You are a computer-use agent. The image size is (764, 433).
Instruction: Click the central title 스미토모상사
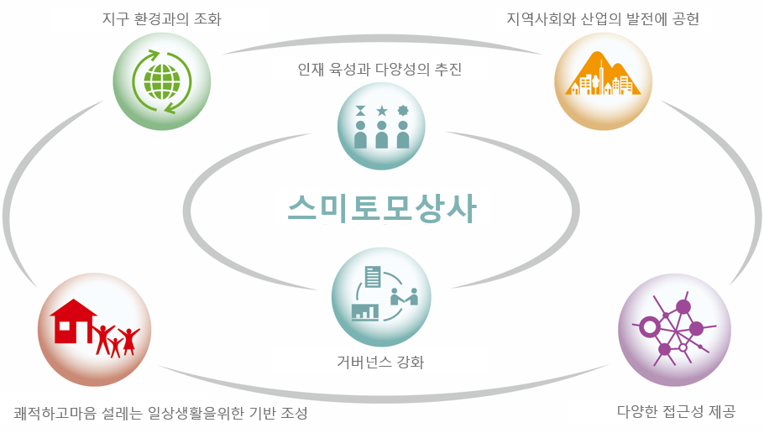pyautogui.click(x=381, y=208)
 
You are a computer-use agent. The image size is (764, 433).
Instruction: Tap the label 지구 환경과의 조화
pyautogui.click(x=162, y=19)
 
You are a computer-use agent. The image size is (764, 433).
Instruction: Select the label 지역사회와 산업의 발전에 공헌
pyautogui.click(x=603, y=19)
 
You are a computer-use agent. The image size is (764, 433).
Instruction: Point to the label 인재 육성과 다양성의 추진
pyautogui.click(x=380, y=69)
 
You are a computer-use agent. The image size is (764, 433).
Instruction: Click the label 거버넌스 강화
pyautogui.click(x=380, y=362)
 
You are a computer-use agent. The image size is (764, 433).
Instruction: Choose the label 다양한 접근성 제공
pyautogui.click(x=677, y=411)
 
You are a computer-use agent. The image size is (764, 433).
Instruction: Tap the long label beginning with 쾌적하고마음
pyautogui.click(x=161, y=413)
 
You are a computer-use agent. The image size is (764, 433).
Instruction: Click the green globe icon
pyautogui.click(x=162, y=82)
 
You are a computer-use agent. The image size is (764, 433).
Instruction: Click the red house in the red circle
pyautogui.click(x=73, y=321)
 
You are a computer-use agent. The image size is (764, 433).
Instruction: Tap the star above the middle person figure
pyautogui.click(x=381, y=111)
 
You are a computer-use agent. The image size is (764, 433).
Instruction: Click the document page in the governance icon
pyautogui.click(x=373, y=277)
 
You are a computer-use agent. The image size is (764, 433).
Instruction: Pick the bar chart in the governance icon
pyautogui.click(x=365, y=311)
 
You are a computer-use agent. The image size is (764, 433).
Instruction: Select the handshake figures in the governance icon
pyautogui.click(x=405, y=296)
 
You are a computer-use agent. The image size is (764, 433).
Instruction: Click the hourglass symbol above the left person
pyautogui.click(x=360, y=111)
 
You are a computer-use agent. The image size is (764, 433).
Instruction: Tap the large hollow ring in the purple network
pyautogui.click(x=649, y=326)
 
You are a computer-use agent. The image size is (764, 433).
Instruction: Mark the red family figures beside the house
pyautogui.click(x=116, y=341)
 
